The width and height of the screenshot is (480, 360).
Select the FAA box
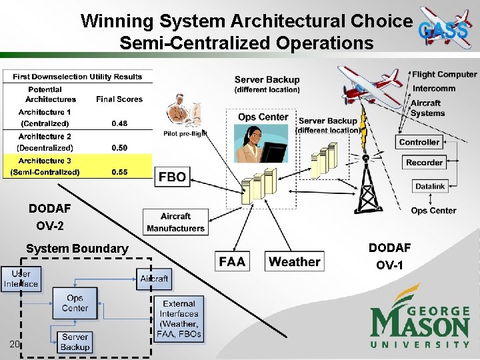click(232, 261)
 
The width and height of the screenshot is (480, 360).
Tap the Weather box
click(295, 261)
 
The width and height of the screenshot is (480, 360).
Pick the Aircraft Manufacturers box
click(175, 222)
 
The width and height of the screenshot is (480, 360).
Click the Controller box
click(419, 142)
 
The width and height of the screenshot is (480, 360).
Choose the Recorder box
click(424, 162)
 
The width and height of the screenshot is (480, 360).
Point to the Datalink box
click(430, 187)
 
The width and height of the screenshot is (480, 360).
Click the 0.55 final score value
click(120, 172)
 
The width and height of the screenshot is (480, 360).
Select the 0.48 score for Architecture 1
click(120, 123)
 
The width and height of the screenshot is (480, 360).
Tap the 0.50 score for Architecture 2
click(120, 148)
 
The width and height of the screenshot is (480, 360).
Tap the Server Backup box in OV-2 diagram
click(75, 342)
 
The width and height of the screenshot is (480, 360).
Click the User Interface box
click(21, 279)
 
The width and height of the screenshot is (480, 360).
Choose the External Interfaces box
click(179, 318)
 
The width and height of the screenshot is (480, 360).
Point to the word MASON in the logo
click(420, 326)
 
